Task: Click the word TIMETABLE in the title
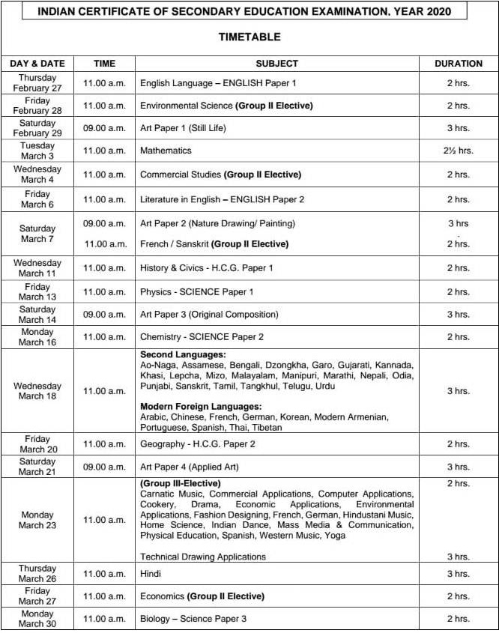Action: click(249, 37)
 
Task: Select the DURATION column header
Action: click(458, 64)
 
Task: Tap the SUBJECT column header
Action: click(276, 64)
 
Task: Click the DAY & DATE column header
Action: click(37, 64)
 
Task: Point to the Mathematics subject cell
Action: click(166, 151)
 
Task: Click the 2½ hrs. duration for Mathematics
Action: click(458, 151)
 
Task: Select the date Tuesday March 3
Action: click(37, 151)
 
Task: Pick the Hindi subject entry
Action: click(151, 574)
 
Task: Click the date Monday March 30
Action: click(37, 619)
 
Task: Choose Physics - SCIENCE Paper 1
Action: click(197, 291)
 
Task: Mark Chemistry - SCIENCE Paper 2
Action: click(202, 337)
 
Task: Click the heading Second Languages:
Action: click(183, 354)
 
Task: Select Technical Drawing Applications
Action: click(203, 557)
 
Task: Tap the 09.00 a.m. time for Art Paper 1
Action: click(104, 128)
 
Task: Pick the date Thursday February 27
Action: click(37, 83)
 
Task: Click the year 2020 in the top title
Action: click(444, 11)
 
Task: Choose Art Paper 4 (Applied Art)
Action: click(189, 467)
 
